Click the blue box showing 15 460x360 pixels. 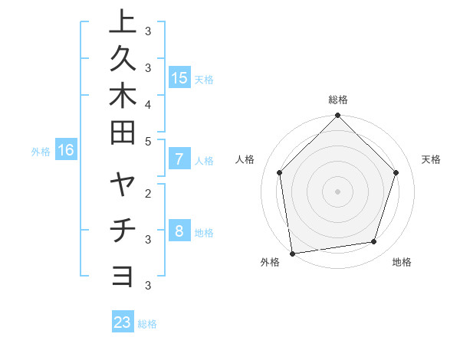[x=179, y=77]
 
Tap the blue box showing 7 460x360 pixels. [x=179, y=159]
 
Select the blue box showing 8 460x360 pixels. [x=179, y=231]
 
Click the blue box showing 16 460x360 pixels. [x=66, y=150]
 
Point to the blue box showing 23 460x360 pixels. [x=123, y=322]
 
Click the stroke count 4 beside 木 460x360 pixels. [x=147, y=104]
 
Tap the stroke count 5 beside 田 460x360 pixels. [x=147, y=141]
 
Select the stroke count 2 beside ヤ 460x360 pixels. [x=147, y=193]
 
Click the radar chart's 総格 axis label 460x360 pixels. [x=338, y=100]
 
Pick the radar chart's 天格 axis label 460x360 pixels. [x=431, y=159]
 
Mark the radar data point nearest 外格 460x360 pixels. [x=292, y=253]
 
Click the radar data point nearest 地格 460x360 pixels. [x=374, y=242]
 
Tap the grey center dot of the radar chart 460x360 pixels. [x=337, y=191]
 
